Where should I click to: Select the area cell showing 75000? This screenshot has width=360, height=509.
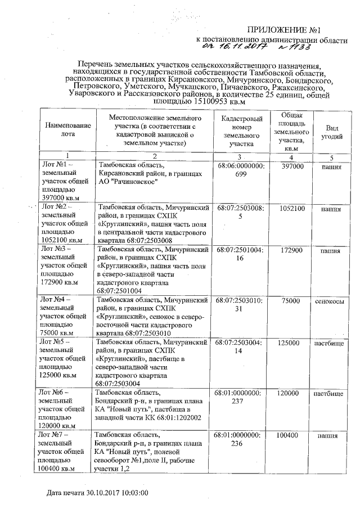291,301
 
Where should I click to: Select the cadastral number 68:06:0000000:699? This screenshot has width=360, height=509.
240,171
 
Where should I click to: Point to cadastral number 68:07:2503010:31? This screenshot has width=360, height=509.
240,305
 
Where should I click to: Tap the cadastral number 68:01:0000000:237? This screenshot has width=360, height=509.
240,398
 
